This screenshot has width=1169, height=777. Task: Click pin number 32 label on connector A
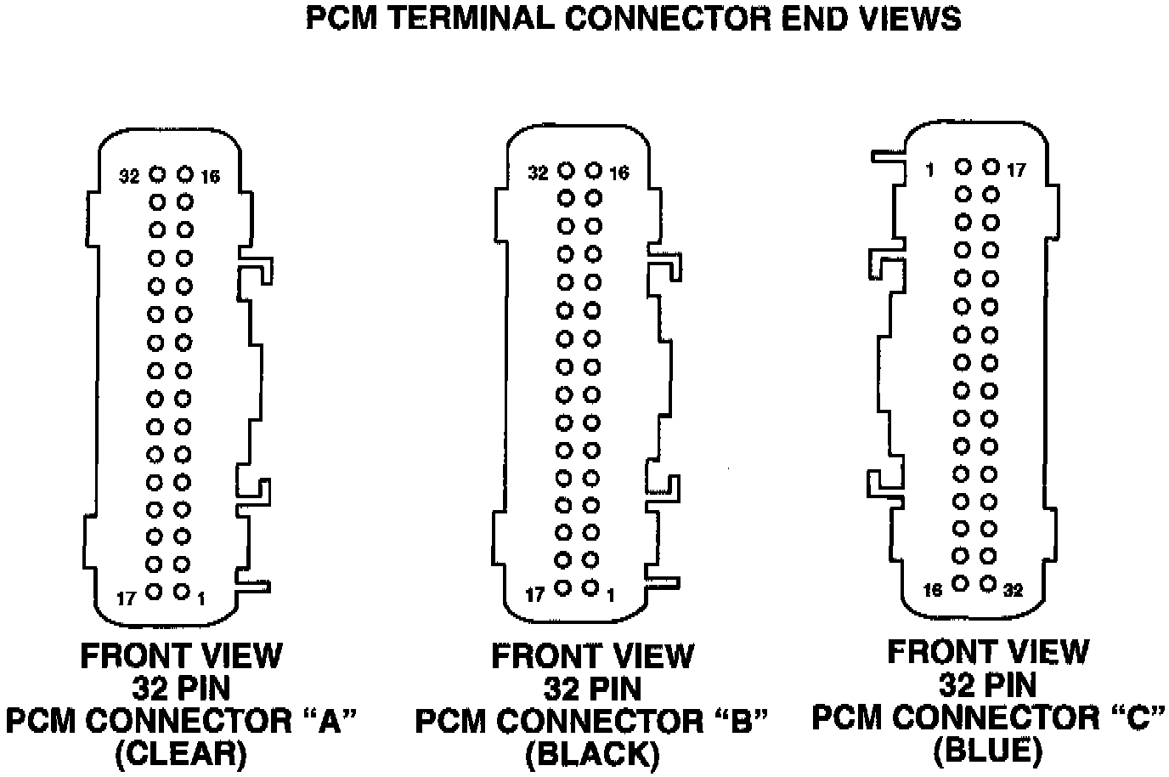[129, 176]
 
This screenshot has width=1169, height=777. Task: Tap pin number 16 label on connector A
[211, 176]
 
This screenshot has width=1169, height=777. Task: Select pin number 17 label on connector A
[127, 598]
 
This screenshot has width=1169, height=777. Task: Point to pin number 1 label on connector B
[611, 595]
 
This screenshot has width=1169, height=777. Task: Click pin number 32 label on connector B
[539, 173]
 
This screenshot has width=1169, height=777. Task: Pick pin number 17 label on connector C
[1017, 170]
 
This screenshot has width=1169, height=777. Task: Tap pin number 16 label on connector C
[933, 590]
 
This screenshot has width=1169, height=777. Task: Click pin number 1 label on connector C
[930, 170]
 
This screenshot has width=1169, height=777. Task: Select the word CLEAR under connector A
[181, 754]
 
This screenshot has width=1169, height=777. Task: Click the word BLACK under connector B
[592, 754]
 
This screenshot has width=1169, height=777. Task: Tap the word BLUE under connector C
[987, 750]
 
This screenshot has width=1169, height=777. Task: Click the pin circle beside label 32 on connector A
[157, 174]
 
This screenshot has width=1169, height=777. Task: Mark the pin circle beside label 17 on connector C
[991, 167]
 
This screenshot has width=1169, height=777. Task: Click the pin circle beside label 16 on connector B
[594, 171]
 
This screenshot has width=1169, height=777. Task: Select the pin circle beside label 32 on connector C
[987, 584]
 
